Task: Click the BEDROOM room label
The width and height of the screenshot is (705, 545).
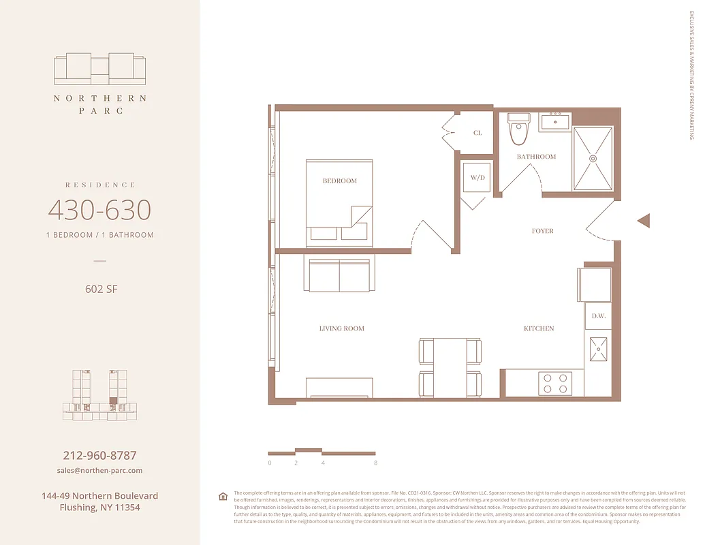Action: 339,181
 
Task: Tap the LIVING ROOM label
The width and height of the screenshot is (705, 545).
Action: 342,328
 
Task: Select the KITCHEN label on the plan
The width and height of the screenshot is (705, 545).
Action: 538,328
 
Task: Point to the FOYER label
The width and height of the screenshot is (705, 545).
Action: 542,231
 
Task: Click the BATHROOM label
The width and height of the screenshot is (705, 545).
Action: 536,157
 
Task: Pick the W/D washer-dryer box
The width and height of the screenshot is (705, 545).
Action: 477,178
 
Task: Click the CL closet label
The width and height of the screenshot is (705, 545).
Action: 477,133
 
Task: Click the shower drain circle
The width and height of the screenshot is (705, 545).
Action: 593,158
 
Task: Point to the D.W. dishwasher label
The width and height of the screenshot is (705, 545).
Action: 599,316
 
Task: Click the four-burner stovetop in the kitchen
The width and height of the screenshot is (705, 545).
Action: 554,382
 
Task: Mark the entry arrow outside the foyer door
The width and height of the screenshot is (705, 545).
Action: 644,221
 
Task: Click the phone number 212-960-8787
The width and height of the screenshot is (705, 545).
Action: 100,455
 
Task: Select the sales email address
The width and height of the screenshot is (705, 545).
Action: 100,471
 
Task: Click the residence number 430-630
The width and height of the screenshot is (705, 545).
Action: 99,210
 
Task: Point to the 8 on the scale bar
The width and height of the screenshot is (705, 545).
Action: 375,463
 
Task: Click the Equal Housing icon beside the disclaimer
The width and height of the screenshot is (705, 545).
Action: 222,496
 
